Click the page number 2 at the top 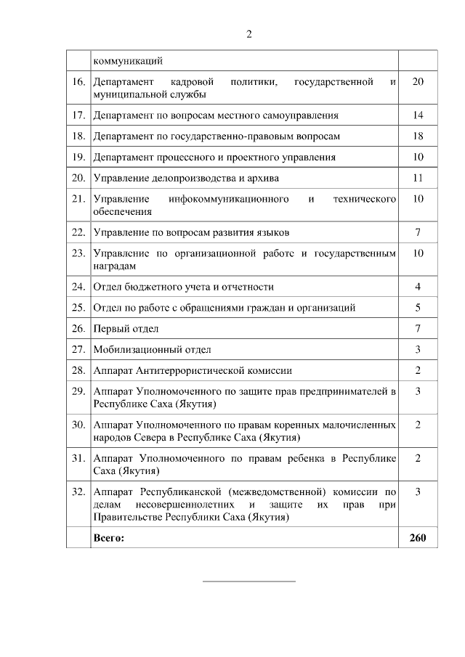248,33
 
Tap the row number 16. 78,81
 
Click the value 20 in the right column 418,81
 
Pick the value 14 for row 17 418,115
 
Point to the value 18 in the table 418,136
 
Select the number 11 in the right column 418,178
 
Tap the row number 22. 78,232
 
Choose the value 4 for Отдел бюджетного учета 418,287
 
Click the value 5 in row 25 418,308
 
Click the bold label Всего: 109,538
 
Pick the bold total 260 418,538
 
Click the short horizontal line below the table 248,581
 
